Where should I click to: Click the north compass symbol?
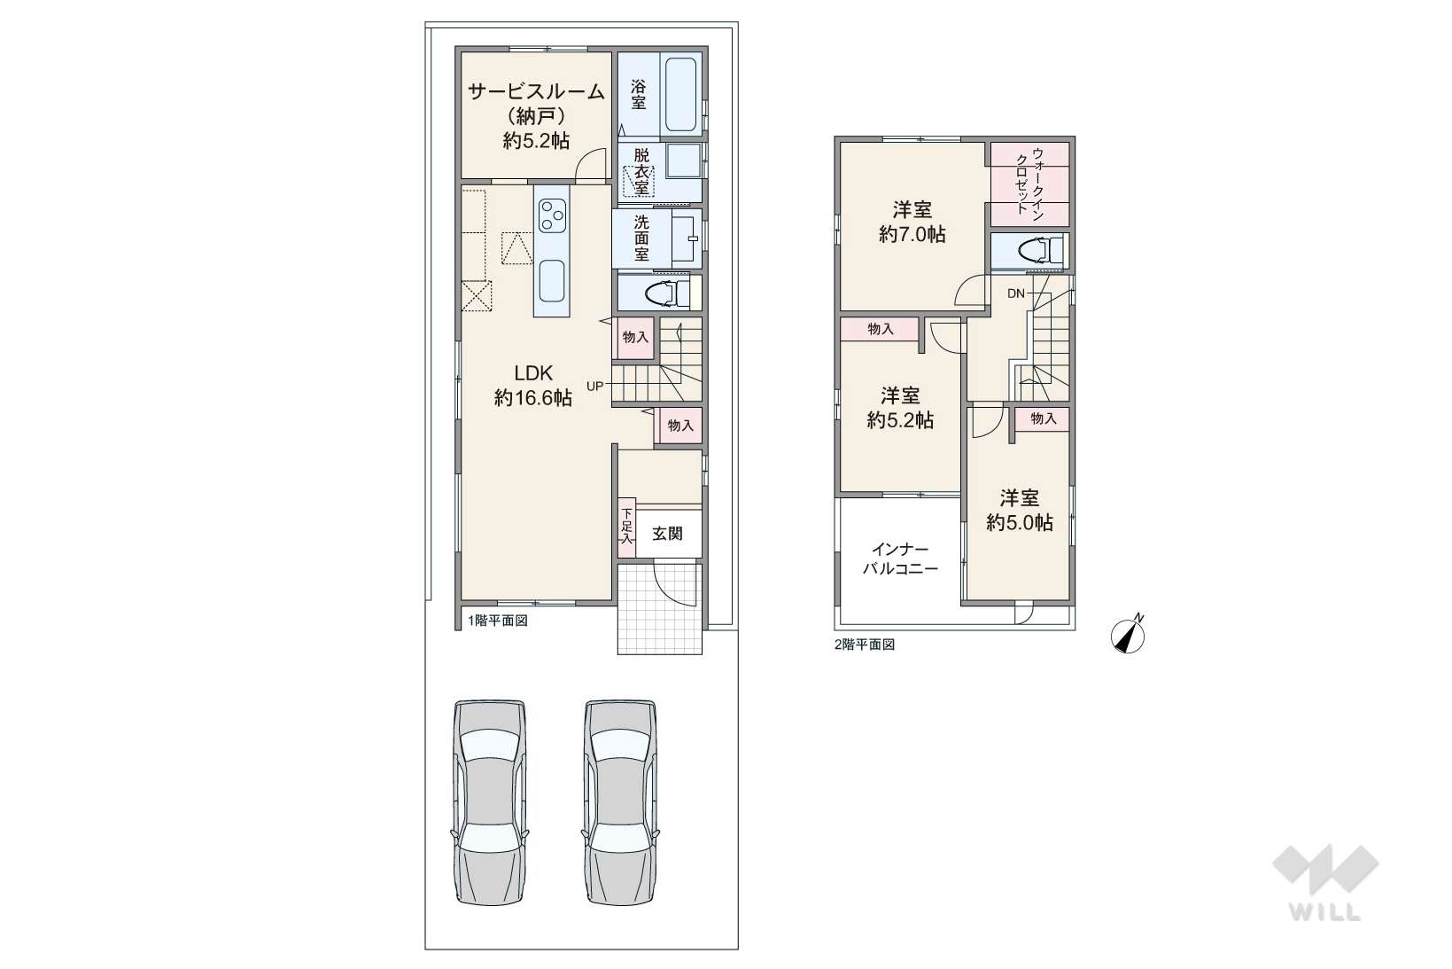pos(1128,634)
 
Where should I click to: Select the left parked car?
pos(490,801)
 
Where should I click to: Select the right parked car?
pos(621,801)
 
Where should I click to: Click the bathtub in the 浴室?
pos(681,95)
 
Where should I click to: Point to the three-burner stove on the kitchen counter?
pos(552,215)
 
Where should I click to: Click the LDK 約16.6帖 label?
pos(532,386)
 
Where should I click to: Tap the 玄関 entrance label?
pos(667,534)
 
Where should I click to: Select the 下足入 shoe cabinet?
pos(627,527)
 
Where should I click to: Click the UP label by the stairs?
pos(594,387)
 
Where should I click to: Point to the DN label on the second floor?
pos(1016,293)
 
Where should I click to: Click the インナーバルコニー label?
pos(900,559)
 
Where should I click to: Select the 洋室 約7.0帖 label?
pos(912,222)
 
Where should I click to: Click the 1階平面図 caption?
pos(498,621)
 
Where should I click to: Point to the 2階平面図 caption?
pos(865,645)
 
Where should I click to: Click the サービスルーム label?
pos(537,91)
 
